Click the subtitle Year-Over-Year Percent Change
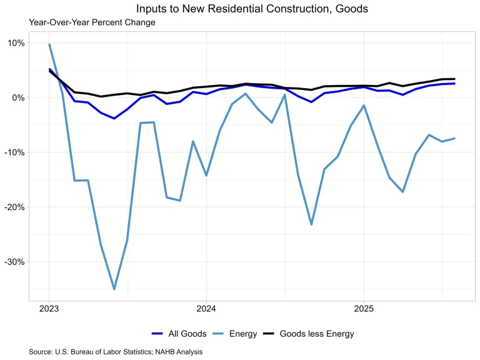92,22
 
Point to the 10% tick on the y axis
16,43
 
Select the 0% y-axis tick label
18,97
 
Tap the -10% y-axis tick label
15,152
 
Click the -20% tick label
15,207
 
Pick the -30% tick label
15,262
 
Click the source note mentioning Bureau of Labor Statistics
116,352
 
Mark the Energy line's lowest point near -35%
114,289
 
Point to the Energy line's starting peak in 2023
49,44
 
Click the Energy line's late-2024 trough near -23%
311,224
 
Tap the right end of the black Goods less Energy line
454,79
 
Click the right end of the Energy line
454,138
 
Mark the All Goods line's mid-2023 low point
114,118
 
